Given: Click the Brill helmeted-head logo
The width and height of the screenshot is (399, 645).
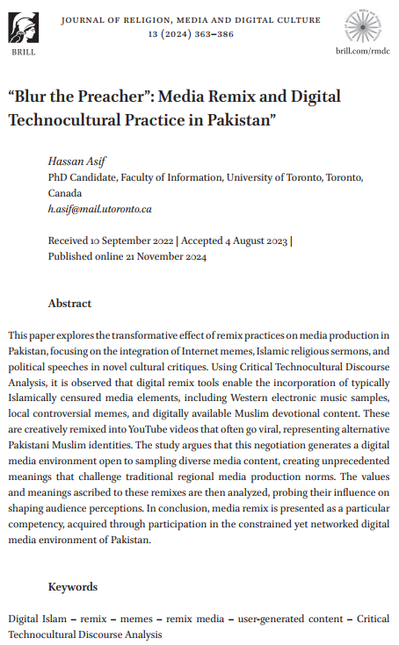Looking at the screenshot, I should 24,25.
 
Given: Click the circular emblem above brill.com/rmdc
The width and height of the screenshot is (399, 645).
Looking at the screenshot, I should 363,24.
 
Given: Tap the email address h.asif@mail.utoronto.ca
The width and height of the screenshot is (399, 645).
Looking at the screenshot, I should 99,209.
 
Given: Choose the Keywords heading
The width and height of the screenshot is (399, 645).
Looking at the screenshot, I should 74,587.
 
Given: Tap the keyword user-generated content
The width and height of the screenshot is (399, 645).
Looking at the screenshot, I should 280,618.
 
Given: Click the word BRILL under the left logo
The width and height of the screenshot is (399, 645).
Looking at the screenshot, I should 24,53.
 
